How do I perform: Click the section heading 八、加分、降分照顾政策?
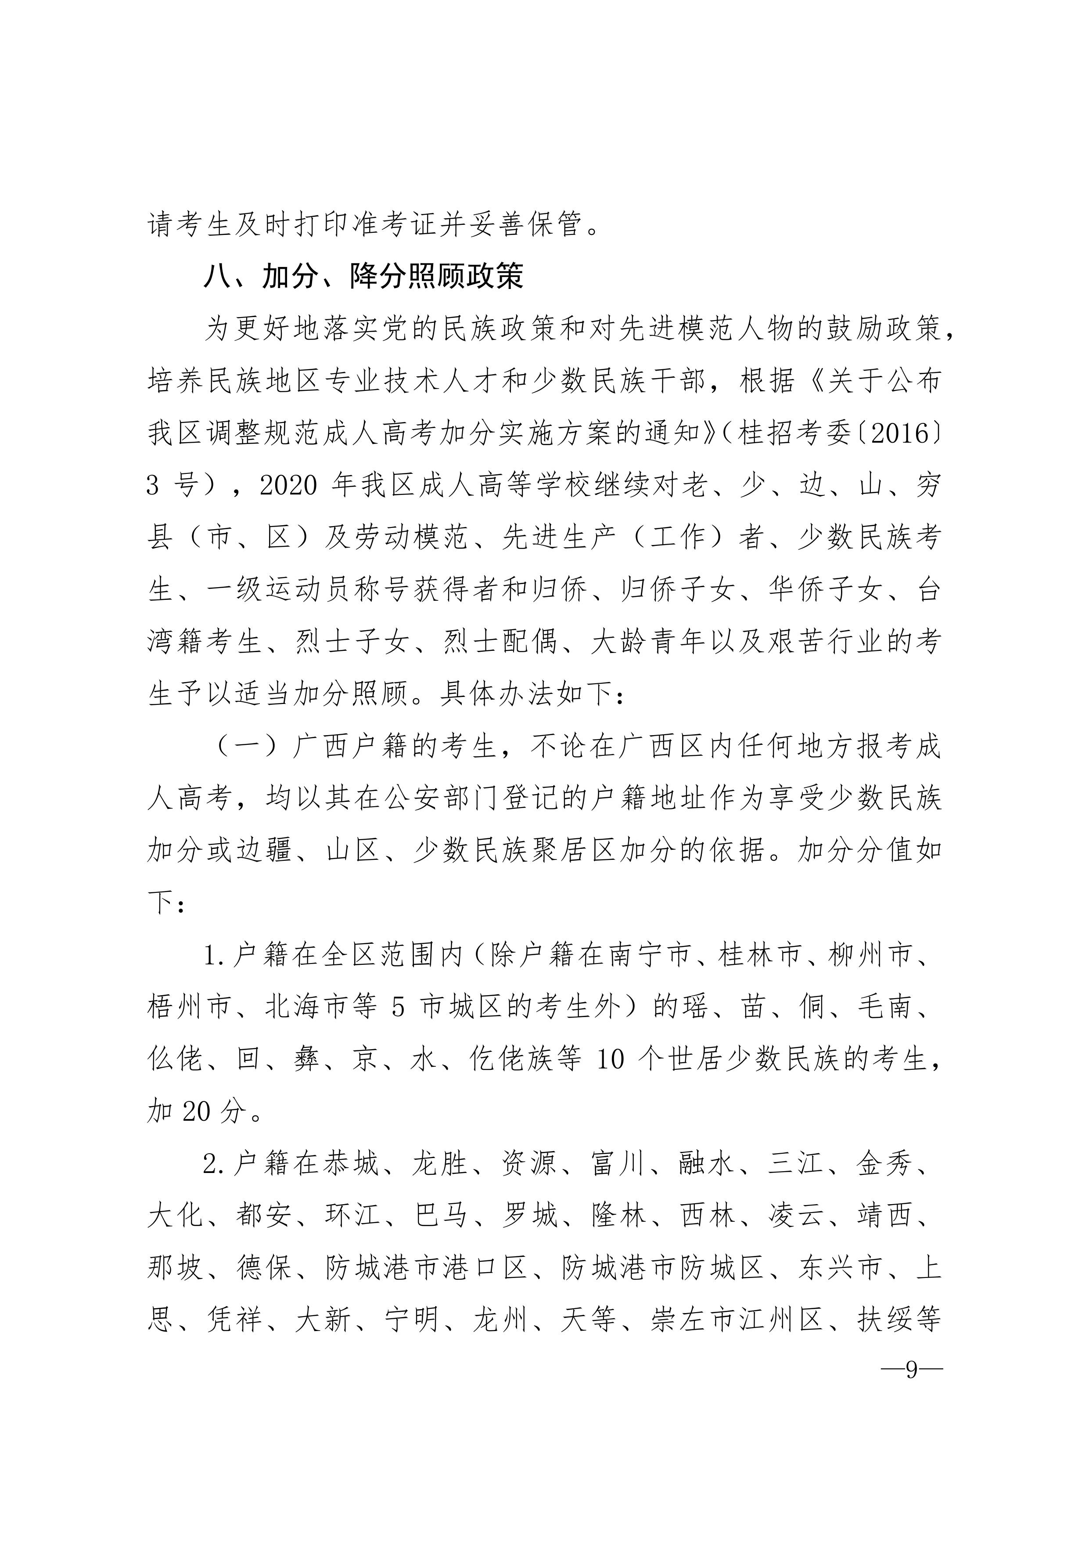click(x=363, y=277)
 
